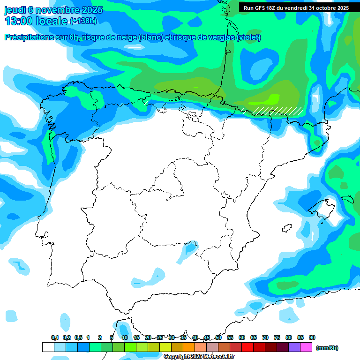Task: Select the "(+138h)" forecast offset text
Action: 83,21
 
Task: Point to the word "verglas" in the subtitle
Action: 221,37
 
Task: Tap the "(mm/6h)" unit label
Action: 327,348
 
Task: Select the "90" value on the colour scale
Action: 312,337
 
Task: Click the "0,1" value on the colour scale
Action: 55,337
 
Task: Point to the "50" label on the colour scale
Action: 218,337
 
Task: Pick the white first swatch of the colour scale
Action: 48,347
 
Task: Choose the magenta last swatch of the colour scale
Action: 306,347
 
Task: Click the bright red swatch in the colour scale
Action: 247,347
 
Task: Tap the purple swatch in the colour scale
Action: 294,347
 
